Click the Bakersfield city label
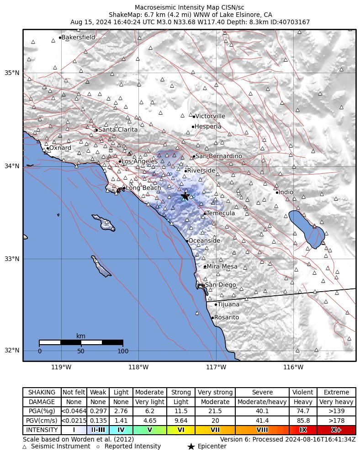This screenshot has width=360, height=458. pos(78,37)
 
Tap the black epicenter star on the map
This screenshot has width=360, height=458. pos(185,196)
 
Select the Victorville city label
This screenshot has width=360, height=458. pos(210,116)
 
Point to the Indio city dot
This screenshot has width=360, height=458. pos(277,192)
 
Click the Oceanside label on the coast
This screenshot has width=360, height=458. pos(204,241)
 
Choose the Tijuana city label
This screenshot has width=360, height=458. pos(228,304)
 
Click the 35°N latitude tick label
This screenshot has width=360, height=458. pos(12,73)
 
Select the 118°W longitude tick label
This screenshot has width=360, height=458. pos(138,367)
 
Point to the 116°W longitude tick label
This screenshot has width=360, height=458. pos(293,367)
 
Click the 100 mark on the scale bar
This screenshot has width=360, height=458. pos(123,351)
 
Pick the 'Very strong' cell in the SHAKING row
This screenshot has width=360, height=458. pos(215,392)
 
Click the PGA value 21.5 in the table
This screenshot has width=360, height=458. pos(215,411)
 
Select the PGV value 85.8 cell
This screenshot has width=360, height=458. pos(303,421)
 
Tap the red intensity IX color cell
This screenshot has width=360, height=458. pos(303,430)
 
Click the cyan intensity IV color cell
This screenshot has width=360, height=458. pos(121,430)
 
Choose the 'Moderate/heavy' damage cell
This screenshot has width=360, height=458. pos(262,402)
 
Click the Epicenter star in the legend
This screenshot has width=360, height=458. pos(191,447)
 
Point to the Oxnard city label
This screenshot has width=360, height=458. pos(60,148)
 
